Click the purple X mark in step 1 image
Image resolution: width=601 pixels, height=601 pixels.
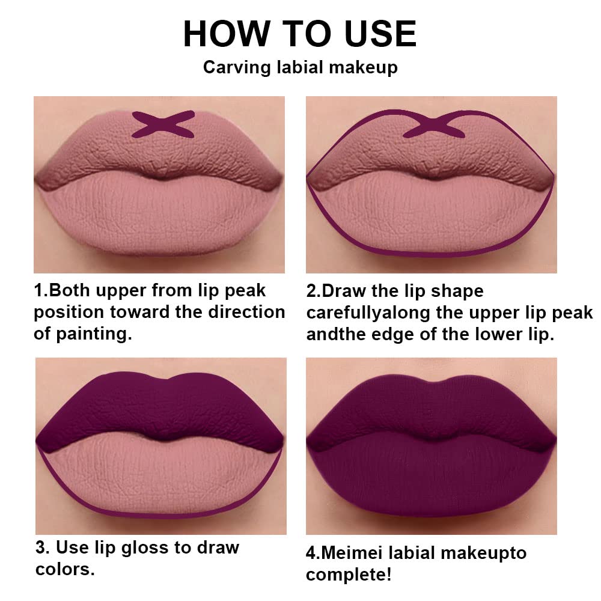tap(163, 124)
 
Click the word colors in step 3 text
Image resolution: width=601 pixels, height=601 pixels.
tap(65, 569)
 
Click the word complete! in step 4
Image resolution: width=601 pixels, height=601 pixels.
tap(349, 574)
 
